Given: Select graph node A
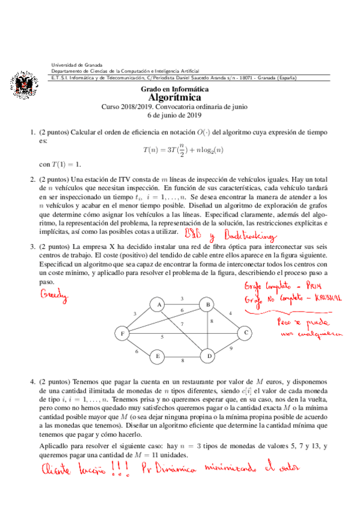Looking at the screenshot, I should coord(157,305).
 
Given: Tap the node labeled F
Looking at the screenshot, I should coord(123,334).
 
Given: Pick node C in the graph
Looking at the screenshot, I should coord(245,331).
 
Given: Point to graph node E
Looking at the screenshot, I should coord(157,357).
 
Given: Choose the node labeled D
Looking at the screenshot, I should coord(210,357).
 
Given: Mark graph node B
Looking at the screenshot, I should coord(209,305).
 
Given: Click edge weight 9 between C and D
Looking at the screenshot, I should coord(231,348).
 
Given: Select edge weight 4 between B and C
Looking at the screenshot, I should coord(230,313).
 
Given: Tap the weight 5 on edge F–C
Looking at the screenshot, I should coord(162,337).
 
